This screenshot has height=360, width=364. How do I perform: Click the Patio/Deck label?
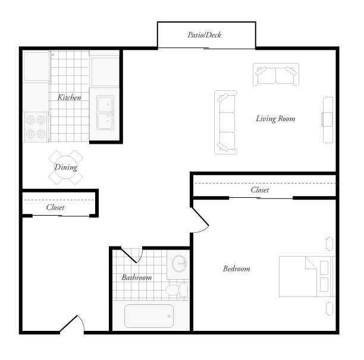[x=204, y=35]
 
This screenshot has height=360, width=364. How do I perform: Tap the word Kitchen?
[x=69, y=97]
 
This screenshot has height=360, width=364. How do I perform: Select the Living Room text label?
[x=275, y=119]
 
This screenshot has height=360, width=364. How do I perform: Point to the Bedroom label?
[x=236, y=269]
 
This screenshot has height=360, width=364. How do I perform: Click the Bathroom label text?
[x=137, y=277]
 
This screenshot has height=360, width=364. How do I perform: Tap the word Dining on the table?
[x=65, y=168]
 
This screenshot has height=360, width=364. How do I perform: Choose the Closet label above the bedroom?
[x=260, y=190]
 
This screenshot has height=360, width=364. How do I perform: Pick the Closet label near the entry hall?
[x=55, y=208]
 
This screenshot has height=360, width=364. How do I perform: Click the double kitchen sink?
[x=106, y=112]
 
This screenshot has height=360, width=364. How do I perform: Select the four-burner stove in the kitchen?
[x=35, y=127]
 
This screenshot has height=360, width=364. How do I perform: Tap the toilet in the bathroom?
[x=175, y=290]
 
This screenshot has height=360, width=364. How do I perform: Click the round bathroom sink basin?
[x=178, y=264]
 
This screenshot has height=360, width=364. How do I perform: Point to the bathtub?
[x=149, y=316]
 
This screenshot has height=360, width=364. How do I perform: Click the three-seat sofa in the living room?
[x=226, y=123]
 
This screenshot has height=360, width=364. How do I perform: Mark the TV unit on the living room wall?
[x=328, y=119]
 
